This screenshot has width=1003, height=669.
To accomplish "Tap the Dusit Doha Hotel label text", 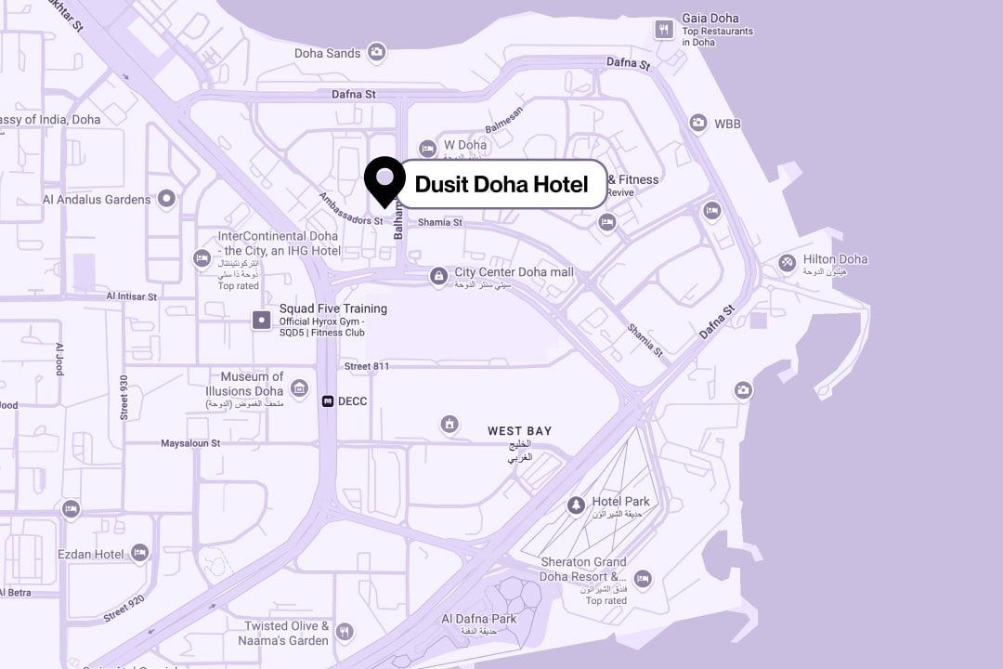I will coord(501,184).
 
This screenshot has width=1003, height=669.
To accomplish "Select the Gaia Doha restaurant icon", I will coord(663,29).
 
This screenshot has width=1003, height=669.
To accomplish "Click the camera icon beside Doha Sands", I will coord(376,52).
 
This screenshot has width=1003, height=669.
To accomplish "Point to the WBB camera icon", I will coord(697,123).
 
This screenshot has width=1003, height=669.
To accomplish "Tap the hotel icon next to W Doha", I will coord(427,148).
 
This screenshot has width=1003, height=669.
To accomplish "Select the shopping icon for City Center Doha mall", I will coord(437,275).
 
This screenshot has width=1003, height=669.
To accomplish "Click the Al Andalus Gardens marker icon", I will coord(166,198).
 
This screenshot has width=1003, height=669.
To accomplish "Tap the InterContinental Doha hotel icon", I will coord(202,258).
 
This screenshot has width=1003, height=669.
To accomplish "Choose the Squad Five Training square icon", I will coord(262,321).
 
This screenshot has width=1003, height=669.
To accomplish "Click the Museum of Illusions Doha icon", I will coord(299,387).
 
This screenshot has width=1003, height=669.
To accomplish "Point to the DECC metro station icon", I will coord(328,401).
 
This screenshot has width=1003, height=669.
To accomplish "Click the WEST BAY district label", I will coord(519,431).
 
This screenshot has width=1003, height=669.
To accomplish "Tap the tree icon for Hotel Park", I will coord(576,505).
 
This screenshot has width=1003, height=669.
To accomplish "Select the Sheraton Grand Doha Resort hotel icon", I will coord(642,580).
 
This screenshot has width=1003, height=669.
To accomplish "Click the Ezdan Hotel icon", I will coord(139,554).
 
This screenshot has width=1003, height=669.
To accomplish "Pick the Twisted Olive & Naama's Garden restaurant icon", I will coord(345,632).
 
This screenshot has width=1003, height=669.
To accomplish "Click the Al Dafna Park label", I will coord(478,619).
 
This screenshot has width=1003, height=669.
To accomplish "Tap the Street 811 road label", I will coord(367,366).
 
